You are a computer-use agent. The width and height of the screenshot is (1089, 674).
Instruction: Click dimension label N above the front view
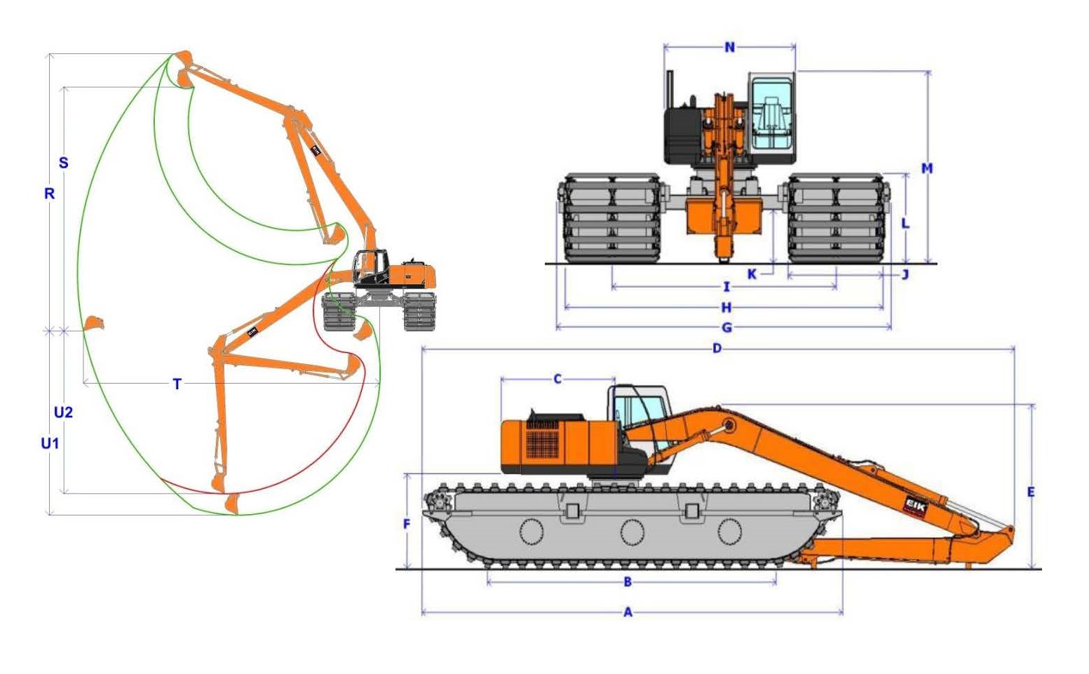coord(729,47)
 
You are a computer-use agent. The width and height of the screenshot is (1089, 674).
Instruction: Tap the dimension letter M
coord(927,168)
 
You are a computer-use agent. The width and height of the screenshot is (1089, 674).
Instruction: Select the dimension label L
coord(905,223)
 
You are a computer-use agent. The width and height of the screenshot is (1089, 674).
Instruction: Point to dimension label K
coord(752,274)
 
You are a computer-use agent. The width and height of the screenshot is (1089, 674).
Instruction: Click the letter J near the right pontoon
coord(905,275)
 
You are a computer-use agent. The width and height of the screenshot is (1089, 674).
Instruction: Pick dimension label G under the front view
coord(726,328)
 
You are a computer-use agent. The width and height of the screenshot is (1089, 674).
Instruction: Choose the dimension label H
coord(726,307)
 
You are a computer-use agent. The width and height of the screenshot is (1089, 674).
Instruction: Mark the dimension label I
coord(726,287)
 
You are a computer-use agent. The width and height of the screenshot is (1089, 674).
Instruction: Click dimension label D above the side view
coord(717,348)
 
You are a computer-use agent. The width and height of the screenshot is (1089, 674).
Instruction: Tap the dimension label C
coord(557,379)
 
